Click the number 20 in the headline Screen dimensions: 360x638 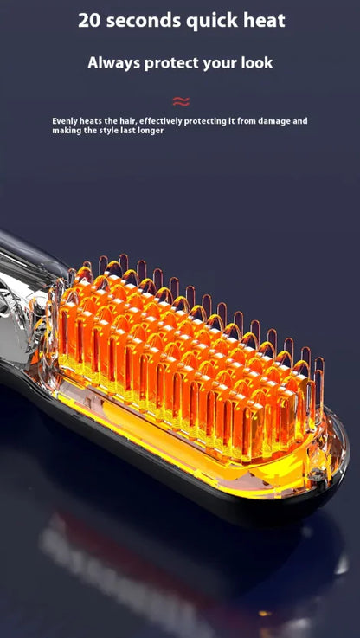point(89,21)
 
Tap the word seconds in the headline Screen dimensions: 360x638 point(144,21)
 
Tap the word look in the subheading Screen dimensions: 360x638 point(256,62)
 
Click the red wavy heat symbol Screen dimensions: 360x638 point(181,101)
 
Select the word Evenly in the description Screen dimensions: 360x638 point(65,121)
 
